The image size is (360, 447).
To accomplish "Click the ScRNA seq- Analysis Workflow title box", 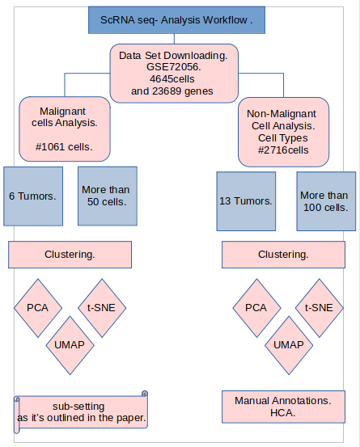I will pyautogui.click(x=177, y=19).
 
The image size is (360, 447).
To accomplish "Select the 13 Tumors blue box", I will pyautogui.click(x=245, y=200).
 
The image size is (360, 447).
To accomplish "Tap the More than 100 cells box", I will pyautogui.click(x=324, y=200).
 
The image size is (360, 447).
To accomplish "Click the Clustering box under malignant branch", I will pyautogui.click(x=70, y=255).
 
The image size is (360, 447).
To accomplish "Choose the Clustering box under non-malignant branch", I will pyautogui.click(x=283, y=255).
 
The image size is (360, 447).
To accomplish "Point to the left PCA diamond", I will pyautogui.click(x=37, y=307).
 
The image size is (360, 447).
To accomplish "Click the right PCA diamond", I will pyautogui.click(x=256, y=307).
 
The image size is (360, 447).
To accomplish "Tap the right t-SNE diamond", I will pyautogui.click(x=318, y=307).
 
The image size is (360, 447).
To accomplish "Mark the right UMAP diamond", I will pyautogui.click(x=288, y=344).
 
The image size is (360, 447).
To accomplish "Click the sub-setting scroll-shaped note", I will pyautogui.click(x=81, y=411).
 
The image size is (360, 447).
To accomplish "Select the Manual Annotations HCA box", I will pyautogui.click(x=283, y=407).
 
